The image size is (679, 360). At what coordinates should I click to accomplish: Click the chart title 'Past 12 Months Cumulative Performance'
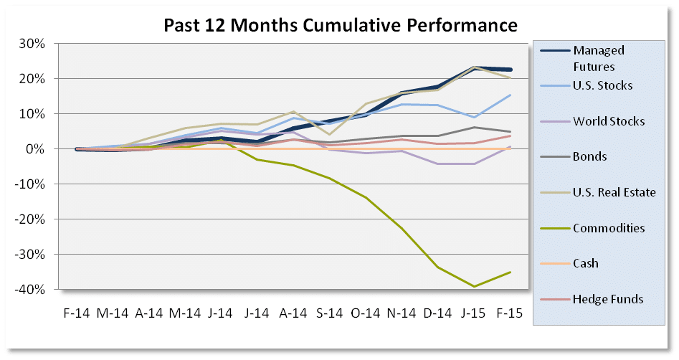[341, 26]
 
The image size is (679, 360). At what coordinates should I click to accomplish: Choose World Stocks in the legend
[609, 121]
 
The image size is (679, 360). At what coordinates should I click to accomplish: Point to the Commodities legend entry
[609, 228]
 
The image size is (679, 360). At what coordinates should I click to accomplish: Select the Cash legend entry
[586, 263]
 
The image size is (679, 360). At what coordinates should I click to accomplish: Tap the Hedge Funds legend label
[607, 298]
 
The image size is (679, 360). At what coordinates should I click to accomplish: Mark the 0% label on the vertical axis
[37, 148]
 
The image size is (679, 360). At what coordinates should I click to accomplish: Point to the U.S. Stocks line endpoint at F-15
[511, 95]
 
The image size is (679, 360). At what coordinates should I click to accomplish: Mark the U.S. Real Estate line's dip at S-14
[330, 134]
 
